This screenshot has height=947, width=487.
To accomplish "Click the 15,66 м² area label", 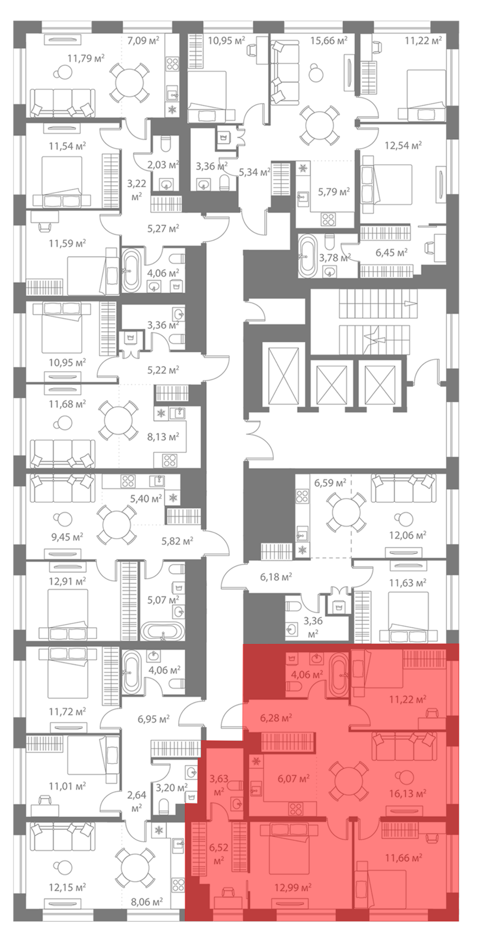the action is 328,40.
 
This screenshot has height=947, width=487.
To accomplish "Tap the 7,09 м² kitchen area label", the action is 143,40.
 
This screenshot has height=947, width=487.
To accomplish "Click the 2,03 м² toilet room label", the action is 163,165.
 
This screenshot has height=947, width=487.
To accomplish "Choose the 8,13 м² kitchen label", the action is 163,437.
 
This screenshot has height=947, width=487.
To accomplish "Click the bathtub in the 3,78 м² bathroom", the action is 307,255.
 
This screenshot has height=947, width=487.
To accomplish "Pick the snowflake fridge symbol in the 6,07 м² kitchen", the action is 256,761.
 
